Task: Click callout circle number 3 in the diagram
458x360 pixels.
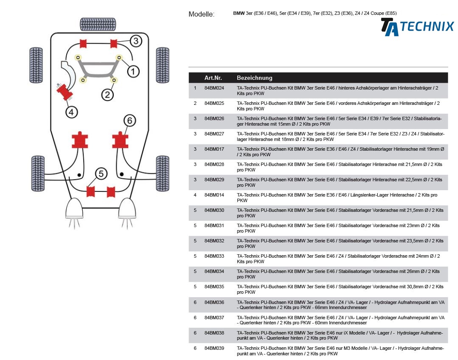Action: tap(135, 41)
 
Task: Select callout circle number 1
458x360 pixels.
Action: tap(133, 71)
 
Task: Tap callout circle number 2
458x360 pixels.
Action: tap(108, 94)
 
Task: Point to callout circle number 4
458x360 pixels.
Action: tap(71, 112)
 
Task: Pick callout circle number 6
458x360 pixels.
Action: tap(130, 121)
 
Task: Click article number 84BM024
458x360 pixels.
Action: tap(214, 88)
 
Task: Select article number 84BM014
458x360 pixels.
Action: tap(214, 195)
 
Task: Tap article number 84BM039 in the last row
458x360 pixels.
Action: tap(214, 348)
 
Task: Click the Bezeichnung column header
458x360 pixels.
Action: tap(255, 78)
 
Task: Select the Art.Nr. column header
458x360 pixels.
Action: tap(213, 78)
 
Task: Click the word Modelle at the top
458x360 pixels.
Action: tap(201, 14)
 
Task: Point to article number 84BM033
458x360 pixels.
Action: tap(214, 256)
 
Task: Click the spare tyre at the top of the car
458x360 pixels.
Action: tap(98, 24)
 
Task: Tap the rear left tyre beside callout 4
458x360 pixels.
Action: tap(36, 65)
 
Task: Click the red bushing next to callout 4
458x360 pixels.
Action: tap(65, 91)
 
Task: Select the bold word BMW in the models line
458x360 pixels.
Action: tap(239, 13)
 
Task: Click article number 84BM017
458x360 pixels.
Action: tap(214, 149)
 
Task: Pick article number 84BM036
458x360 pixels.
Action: tap(214, 302)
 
